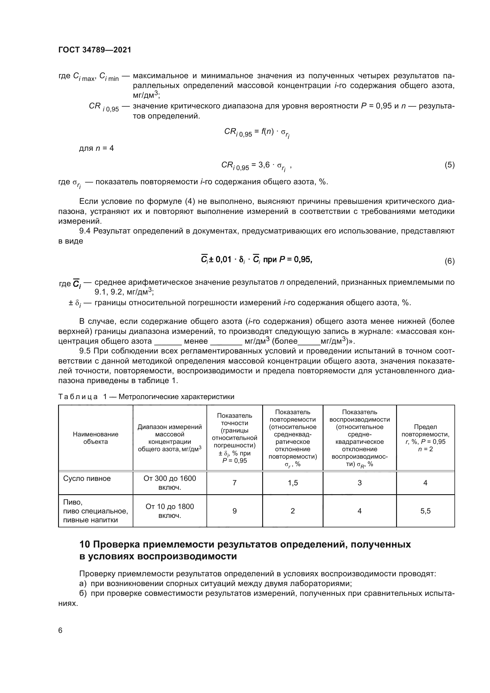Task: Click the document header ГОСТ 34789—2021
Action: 95,50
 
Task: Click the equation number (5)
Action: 449,165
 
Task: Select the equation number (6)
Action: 449,261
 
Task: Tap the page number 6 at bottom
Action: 60,630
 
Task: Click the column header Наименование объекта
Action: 95,438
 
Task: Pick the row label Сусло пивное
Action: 87,479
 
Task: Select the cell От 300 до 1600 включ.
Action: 169,483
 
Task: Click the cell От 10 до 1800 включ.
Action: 169,511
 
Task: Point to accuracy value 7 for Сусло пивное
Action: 234,483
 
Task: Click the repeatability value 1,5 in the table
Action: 293,483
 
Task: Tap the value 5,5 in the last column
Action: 425,511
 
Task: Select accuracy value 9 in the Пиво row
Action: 234,511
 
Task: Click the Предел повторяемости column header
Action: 425,438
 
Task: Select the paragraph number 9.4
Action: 85,231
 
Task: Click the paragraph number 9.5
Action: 85,351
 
